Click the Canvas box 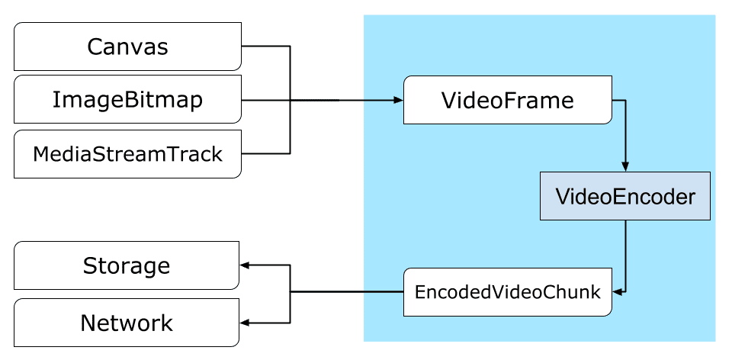[127, 47]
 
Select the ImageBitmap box [127, 99]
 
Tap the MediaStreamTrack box [127, 154]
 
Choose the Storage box [127, 266]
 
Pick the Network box [127, 323]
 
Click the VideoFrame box [507, 100]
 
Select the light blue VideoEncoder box [625, 197]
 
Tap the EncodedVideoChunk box [507, 292]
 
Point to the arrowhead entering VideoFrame [397, 100]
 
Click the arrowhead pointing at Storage [245, 266]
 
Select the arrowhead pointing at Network [245, 323]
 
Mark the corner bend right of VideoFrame [625, 100]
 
